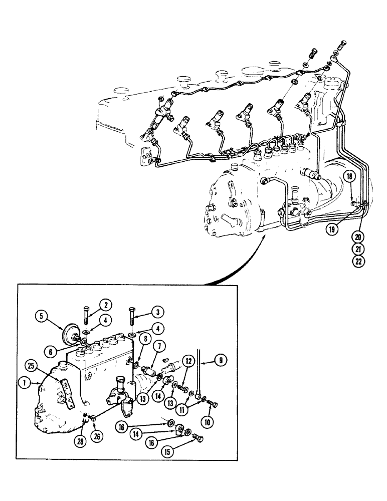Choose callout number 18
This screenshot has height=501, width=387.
(350, 176)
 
